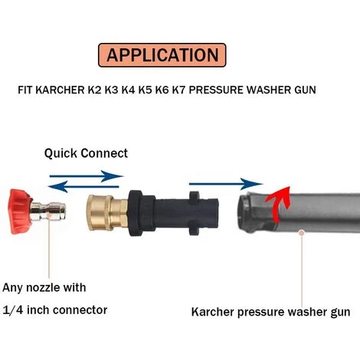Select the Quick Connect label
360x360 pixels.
click(x=85, y=152)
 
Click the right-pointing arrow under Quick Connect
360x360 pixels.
click(x=85, y=175)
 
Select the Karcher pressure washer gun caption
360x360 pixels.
click(x=270, y=312)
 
